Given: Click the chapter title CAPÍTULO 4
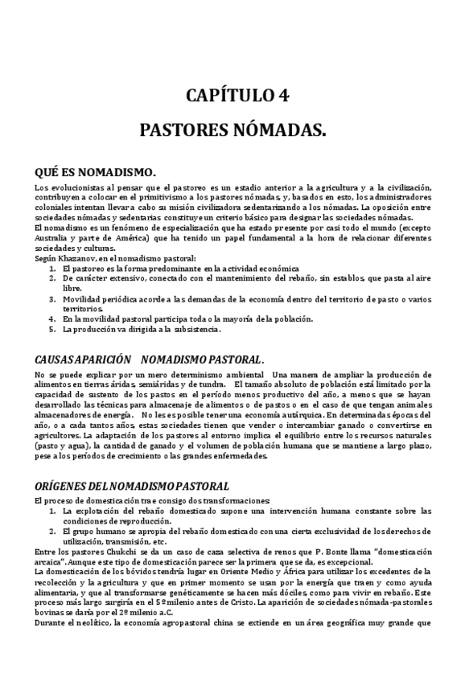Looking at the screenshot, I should [237, 96].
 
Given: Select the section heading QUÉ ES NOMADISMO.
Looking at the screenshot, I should [95, 173].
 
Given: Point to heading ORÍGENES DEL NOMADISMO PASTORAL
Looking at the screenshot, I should [132, 486].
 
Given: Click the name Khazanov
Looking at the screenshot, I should [77, 258].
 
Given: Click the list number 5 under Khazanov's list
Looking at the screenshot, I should [52, 329].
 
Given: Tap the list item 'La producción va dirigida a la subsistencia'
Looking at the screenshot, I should [141, 329].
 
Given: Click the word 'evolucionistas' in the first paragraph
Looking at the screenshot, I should [76, 187].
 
